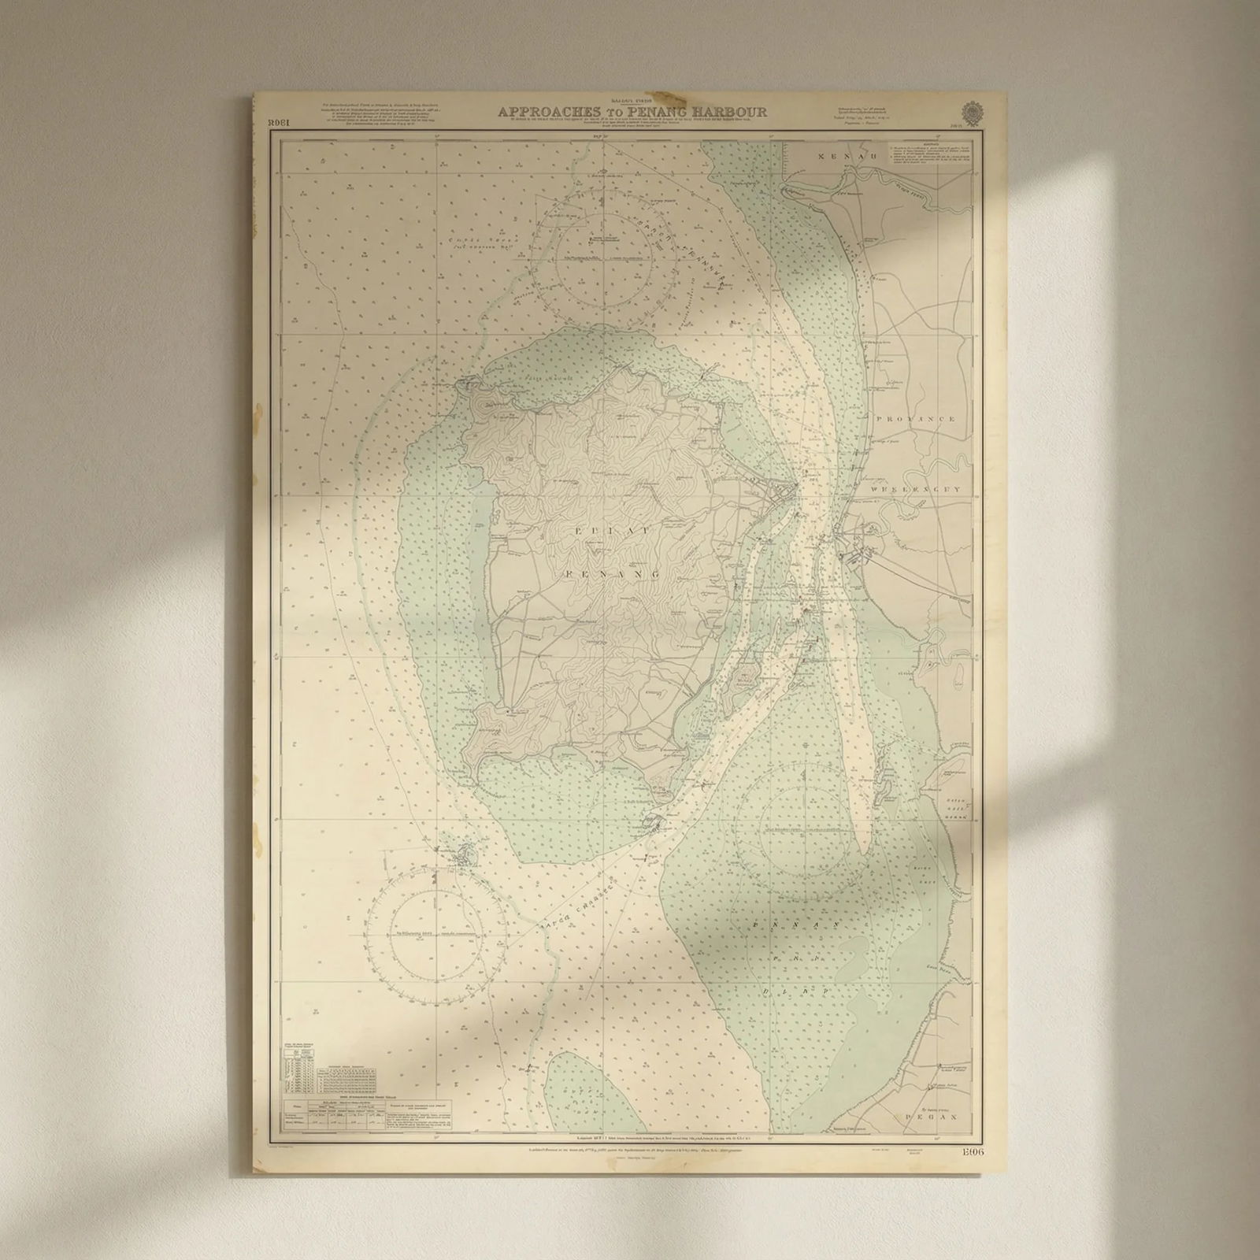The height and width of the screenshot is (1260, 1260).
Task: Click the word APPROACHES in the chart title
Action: tap(543, 112)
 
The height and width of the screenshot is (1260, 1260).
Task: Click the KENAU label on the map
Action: tap(836, 158)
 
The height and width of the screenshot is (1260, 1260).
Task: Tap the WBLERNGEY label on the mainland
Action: tap(916, 489)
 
